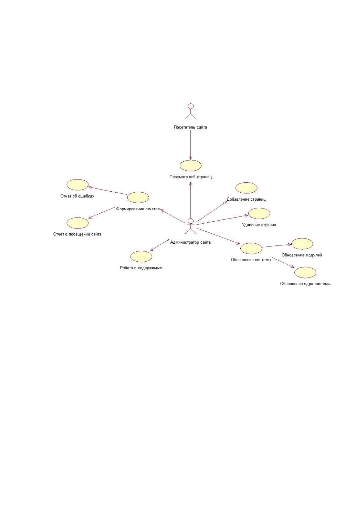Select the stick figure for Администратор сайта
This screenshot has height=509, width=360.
coord(191,226)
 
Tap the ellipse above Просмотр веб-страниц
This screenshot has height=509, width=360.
coord(191,165)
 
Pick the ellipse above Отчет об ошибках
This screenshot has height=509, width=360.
coord(77,184)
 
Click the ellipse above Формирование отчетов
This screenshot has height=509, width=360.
coord(138,197)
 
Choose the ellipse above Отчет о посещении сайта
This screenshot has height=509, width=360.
coord(77,223)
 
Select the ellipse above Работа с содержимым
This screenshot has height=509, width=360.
coord(141,256)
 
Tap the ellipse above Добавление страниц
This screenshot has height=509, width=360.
coord(246,188)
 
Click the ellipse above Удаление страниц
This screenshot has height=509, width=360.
coord(259,213)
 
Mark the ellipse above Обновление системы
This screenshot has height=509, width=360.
coord(251,248)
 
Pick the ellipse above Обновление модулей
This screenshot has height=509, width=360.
coord(302,244)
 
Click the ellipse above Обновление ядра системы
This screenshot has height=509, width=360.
coord(305,272)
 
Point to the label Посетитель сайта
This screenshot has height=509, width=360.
coord(190,127)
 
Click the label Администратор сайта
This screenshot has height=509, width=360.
coord(190,242)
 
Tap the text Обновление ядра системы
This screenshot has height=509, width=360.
coord(305,284)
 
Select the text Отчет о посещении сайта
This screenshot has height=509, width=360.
coord(77,234)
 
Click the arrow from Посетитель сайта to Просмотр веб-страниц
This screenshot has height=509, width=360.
coord(191,145)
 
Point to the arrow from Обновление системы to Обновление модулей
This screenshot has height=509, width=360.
coord(277,246)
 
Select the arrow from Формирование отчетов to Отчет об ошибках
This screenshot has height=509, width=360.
coord(108,190)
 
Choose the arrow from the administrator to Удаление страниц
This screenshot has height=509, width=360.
coord(222,219)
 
